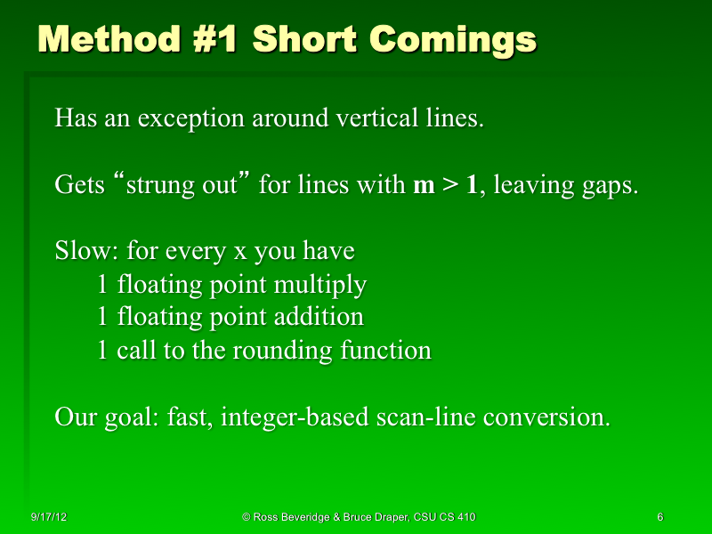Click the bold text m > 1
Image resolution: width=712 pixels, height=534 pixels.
pos(447,185)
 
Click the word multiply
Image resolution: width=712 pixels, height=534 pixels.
pos(326,285)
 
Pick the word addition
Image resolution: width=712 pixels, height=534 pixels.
pos(323,317)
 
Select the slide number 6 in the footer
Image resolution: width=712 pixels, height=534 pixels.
pos(659,517)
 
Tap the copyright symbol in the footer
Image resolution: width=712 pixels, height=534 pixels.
pos(246,517)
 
